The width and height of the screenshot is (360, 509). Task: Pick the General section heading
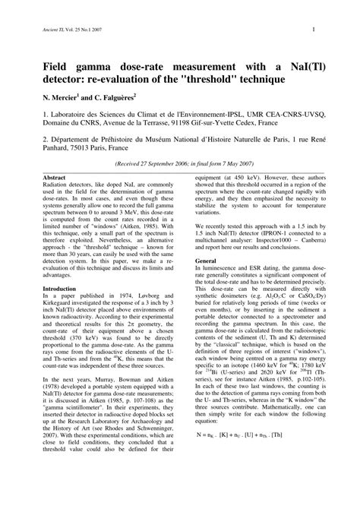(206, 260)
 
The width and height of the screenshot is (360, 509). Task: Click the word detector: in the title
(52, 79)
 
